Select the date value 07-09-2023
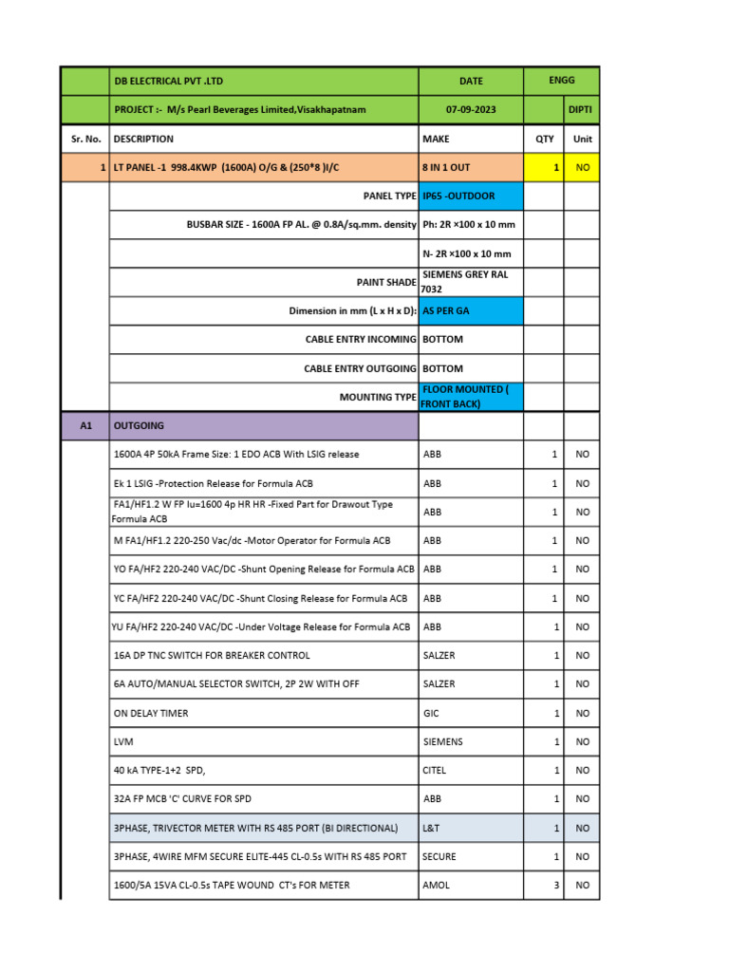(x=471, y=109)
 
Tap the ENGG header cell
(x=561, y=81)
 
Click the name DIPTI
(x=581, y=109)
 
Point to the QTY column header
(x=544, y=139)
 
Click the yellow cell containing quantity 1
(x=544, y=167)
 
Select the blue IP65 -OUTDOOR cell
(x=470, y=196)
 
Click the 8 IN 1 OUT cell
(x=470, y=167)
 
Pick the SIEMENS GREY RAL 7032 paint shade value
(x=470, y=281)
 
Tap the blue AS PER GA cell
(x=470, y=310)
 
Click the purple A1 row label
(x=85, y=426)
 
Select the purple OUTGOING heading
(x=264, y=426)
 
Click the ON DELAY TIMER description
(x=151, y=713)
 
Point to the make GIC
(x=430, y=713)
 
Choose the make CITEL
(x=434, y=771)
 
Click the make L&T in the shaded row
(x=431, y=828)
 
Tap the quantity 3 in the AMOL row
(x=553, y=885)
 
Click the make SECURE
(x=439, y=856)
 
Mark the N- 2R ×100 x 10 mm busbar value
(x=467, y=253)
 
